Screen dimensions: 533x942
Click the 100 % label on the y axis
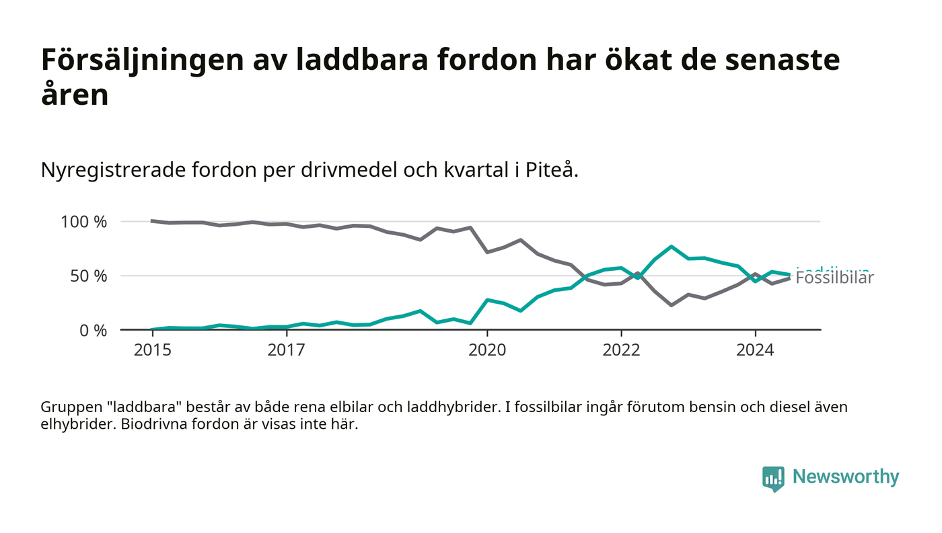tap(83, 222)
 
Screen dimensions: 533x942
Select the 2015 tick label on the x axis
tap(152, 350)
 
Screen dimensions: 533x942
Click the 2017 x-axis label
tap(286, 350)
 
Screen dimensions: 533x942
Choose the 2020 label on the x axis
tap(487, 350)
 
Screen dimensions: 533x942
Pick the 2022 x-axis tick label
tap(621, 350)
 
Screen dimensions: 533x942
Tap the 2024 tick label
tap(755, 350)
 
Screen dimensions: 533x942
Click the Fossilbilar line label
tap(834, 279)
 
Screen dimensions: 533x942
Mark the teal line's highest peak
tap(672, 247)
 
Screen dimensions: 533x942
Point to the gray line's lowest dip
tap(672, 305)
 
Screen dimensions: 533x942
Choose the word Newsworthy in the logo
tap(845, 477)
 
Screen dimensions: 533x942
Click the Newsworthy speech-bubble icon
tap(773, 478)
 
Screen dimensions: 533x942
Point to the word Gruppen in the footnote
tap(69, 407)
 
